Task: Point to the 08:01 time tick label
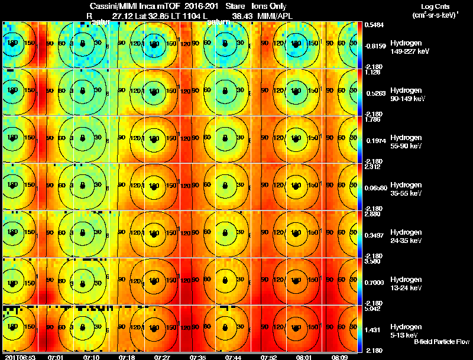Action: [x=304, y=357]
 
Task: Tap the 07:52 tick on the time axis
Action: [x=269, y=357]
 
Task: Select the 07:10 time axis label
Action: [x=92, y=357]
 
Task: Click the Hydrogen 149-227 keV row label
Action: [x=406, y=48]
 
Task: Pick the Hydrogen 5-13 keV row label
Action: [x=406, y=330]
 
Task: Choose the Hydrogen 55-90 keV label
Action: [x=406, y=141]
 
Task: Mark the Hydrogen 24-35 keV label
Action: [x=406, y=236]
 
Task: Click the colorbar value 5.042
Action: [x=373, y=308]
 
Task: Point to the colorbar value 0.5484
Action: [x=373, y=25]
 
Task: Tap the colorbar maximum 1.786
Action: [x=373, y=119]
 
